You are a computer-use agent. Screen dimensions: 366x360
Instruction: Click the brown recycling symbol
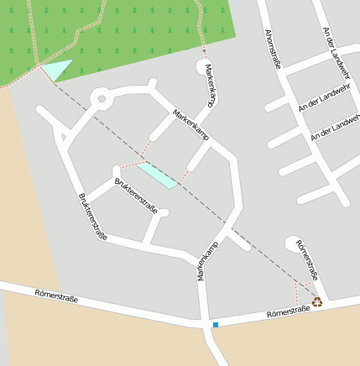[x=317, y=301]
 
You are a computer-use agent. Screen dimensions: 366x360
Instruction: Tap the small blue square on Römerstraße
[x=216, y=325]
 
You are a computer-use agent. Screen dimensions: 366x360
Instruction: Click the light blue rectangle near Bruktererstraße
[x=157, y=175]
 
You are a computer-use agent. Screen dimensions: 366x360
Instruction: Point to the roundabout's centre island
[x=102, y=99]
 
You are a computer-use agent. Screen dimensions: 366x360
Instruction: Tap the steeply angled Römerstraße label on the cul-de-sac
[x=307, y=259]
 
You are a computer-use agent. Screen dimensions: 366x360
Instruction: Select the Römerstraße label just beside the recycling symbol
[x=289, y=311]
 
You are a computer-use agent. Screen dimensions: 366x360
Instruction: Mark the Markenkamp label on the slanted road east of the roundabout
[x=190, y=123]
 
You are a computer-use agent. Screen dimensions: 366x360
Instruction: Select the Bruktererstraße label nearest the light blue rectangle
[x=136, y=195]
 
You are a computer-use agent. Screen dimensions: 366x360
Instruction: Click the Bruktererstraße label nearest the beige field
[x=92, y=217]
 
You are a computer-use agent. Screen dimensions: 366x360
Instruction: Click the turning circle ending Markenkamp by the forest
[x=204, y=66]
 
